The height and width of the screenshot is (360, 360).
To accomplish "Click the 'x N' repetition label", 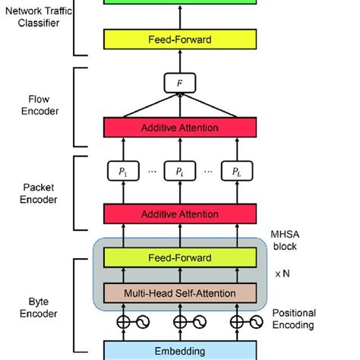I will click(x=282, y=276).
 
